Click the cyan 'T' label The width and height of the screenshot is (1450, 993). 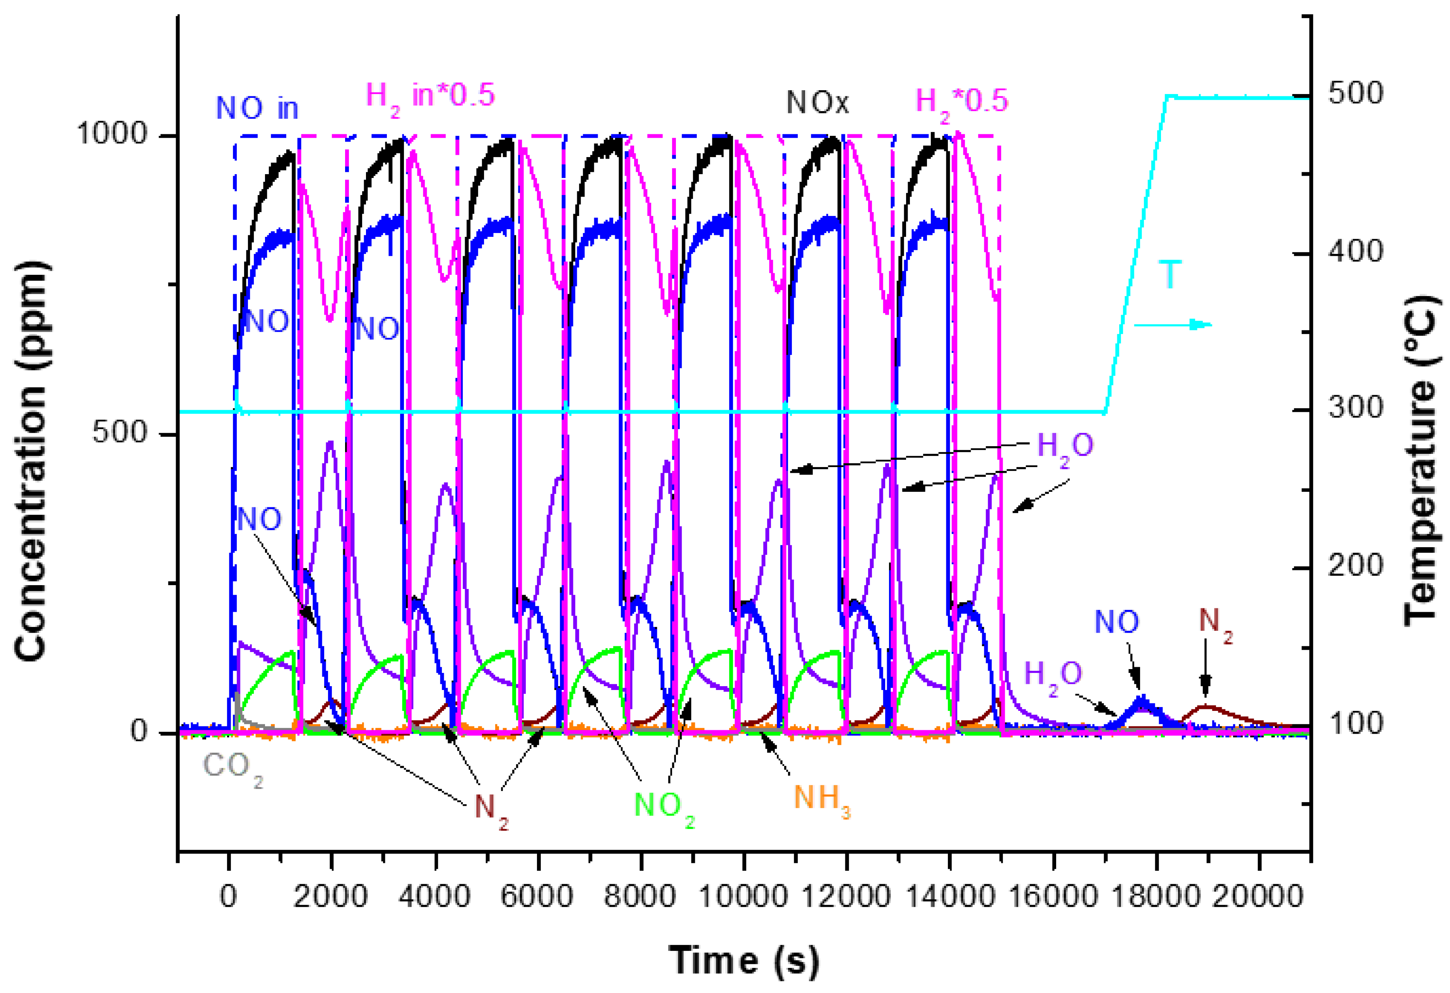pyautogui.click(x=1170, y=275)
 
